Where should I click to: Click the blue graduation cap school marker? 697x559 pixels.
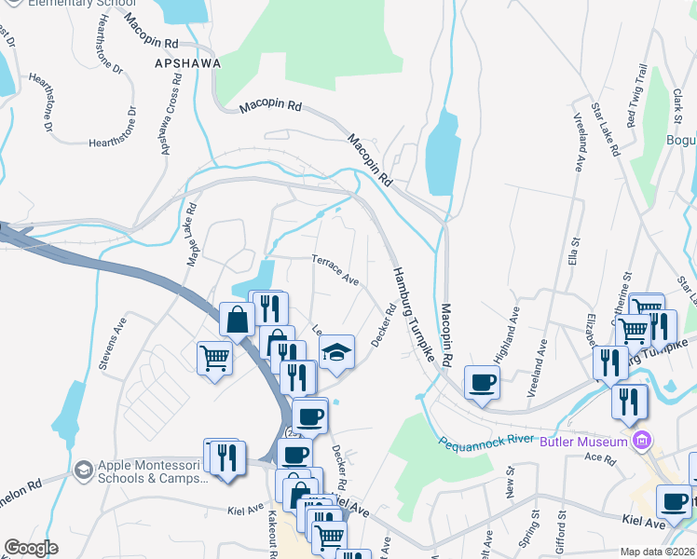coord(336,352)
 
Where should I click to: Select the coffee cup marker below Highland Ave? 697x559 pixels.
coord(482,382)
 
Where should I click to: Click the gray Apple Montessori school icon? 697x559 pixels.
coord(84,469)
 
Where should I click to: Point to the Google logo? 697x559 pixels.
coord(31,548)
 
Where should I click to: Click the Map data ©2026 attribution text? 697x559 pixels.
coord(656,552)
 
